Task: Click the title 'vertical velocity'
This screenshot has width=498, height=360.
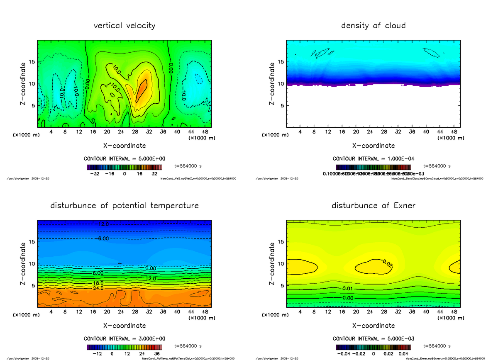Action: (x=124, y=26)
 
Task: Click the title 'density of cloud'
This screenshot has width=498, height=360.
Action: (x=373, y=26)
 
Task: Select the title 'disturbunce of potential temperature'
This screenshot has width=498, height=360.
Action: (x=124, y=206)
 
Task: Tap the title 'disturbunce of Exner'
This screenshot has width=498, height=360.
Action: (x=373, y=206)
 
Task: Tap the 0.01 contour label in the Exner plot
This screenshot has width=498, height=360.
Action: (x=348, y=288)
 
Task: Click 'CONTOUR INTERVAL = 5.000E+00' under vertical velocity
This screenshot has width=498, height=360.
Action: (x=124, y=159)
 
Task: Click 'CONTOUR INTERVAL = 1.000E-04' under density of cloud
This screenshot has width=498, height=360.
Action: (x=373, y=159)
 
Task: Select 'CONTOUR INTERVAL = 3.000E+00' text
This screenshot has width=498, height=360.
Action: (x=124, y=338)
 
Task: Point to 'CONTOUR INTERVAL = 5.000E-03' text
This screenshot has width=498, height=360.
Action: (x=373, y=338)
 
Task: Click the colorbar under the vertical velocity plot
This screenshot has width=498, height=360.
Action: (x=124, y=167)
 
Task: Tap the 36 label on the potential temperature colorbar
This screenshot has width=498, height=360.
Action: (x=156, y=353)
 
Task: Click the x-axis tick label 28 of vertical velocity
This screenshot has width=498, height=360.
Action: (x=135, y=132)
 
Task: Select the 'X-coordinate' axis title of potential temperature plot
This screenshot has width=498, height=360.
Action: (x=124, y=326)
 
